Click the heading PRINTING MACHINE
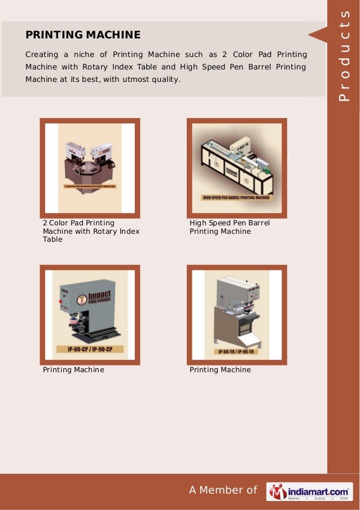[82, 35]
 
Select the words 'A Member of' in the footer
[223, 490]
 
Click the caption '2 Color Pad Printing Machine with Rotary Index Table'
[91, 231]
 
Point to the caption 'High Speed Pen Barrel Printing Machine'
[230, 227]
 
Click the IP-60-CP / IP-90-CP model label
[90, 350]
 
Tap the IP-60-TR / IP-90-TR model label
[236, 351]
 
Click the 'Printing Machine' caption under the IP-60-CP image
[73, 370]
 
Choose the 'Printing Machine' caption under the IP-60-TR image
[220, 370]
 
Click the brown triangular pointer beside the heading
[317, 34]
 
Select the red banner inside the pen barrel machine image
[236, 198]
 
